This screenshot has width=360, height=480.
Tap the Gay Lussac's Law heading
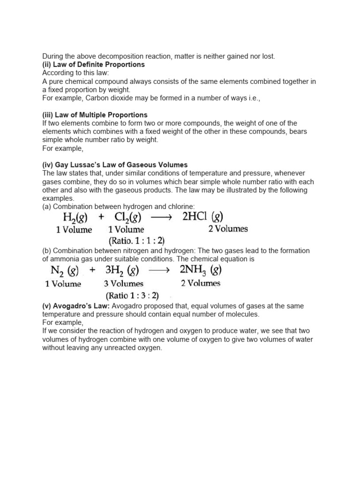pyautogui.click(x=115, y=165)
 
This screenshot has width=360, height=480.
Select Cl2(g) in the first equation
pyautogui.click(x=128, y=217)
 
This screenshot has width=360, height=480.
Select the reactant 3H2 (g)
pyautogui.click(x=122, y=270)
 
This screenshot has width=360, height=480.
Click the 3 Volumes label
pyautogui.click(x=123, y=284)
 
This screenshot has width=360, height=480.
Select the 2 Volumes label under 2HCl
pyautogui.click(x=227, y=229)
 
